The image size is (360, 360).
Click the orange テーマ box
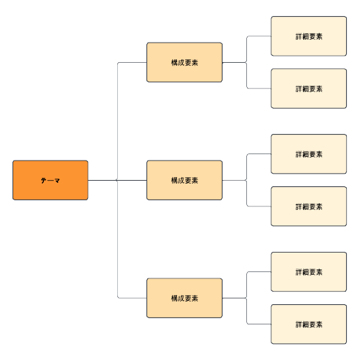(x=50, y=180)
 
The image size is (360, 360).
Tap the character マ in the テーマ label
(x=57, y=181)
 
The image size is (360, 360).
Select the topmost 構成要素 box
(x=184, y=62)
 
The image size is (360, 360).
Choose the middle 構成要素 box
(x=184, y=180)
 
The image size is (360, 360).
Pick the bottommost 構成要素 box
(x=184, y=298)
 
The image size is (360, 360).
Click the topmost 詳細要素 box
(x=308, y=36)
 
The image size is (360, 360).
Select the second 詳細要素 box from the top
(x=308, y=89)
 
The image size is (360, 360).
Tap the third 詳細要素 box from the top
(x=308, y=154)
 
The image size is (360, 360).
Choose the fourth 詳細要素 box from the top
(x=308, y=207)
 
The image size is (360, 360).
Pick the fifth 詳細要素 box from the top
(x=308, y=271)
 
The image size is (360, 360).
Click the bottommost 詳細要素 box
(x=308, y=324)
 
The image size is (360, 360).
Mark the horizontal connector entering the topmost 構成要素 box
(x=133, y=62)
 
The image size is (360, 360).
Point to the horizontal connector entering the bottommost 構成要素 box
(x=133, y=298)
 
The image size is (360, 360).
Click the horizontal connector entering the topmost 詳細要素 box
(x=259, y=36)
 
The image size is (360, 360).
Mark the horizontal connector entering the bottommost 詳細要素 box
(x=259, y=324)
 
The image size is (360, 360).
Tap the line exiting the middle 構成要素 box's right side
(x=234, y=180)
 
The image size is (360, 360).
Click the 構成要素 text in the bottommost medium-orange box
(x=184, y=298)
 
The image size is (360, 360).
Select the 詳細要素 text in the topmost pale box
(x=309, y=36)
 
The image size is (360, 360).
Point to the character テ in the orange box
(x=43, y=181)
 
